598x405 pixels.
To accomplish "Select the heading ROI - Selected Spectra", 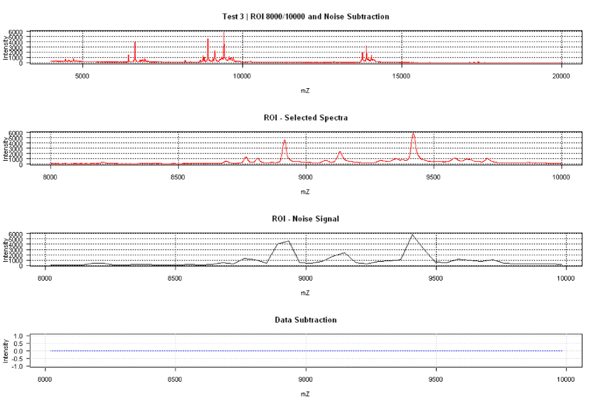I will point(305,118).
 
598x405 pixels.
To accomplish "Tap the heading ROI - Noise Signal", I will point(305,219).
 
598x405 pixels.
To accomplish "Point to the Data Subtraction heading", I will point(305,320).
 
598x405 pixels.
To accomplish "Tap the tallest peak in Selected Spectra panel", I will point(413,134).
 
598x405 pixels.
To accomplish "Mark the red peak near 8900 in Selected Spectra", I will point(285,141).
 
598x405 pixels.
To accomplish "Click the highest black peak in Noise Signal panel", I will point(413,235).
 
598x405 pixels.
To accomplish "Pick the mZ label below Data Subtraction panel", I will point(305,393).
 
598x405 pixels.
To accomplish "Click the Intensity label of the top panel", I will point(6,47).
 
